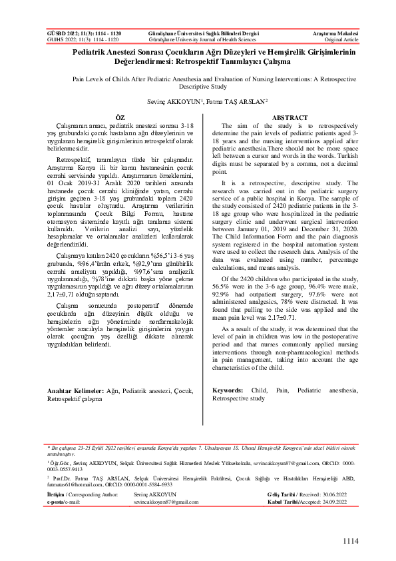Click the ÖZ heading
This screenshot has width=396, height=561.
(x=120, y=117)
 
